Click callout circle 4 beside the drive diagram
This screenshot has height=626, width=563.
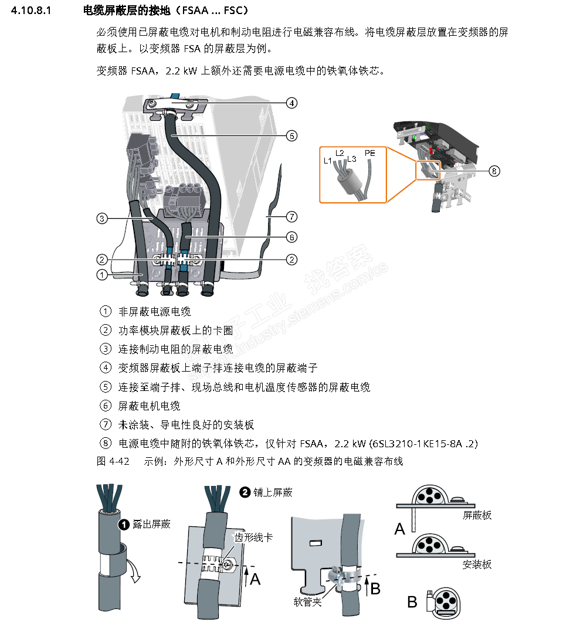click(x=291, y=103)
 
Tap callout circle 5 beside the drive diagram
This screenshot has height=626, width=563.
click(x=291, y=136)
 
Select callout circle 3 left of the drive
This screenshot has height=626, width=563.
click(x=102, y=219)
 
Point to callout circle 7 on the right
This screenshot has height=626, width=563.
click(x=291, y=217)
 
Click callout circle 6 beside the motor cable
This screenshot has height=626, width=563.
click(x=291, y=237)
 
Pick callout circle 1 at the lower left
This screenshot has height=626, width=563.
click(x=102, y=274)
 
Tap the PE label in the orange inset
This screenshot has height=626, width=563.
click(x=369, y=153)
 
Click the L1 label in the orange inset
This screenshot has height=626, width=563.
click(x=328, y=160)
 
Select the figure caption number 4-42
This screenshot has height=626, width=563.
click(x=120, y=461)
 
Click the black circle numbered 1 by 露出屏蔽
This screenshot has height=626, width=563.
click(x=124, y=524)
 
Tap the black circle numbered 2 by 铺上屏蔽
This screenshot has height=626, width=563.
click(x=245, y=492)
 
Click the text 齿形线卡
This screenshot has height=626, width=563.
click(x=253, y=537)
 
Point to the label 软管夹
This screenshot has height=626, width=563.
click(x=308, y=602)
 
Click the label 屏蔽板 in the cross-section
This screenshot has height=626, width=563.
click(x=477, y=515)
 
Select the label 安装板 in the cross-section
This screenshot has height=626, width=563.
click(x=477, y=564)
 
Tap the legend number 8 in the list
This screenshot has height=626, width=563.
click(x=106, y=444)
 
